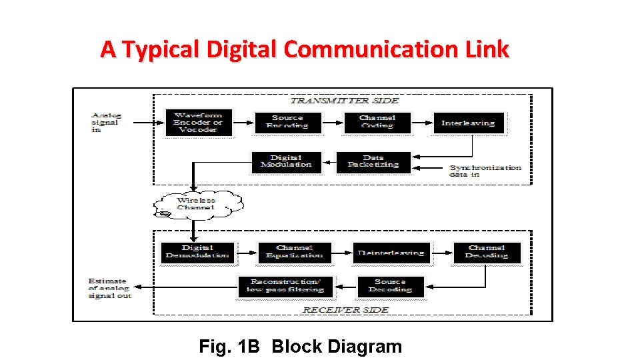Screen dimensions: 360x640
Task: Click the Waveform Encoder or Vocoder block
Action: [x=198, y=123]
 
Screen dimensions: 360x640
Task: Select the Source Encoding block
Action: [x=287, y=122]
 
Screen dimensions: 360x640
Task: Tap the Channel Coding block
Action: [x=377, y=122]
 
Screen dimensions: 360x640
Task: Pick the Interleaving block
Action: [x=468, y=123]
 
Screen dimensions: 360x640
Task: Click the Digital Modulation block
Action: [x=286, y=162]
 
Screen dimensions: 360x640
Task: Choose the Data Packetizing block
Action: [x=373, y=162]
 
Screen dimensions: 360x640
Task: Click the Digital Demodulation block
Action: [x=197, y=252]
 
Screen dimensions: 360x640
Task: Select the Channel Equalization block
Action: [x=294, y=252]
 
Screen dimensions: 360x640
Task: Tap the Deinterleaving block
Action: [x=391, y=253]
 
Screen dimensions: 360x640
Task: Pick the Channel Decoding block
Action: [x=486, y=252]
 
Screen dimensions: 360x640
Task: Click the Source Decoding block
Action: [x=390, y=286]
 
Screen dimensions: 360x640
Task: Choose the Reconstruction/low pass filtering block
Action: [x=285, y=286]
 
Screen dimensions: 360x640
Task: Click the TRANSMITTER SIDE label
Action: [x=344, y=101]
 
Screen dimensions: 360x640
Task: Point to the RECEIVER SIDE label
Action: [x=345, y=309]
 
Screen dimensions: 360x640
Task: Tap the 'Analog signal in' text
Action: [x=107, y=123]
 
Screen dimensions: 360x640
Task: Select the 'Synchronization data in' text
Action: [x=485, y=170]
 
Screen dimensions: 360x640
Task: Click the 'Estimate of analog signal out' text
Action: [x=110, y=288]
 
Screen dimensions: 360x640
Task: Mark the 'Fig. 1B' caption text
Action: [x=229, y=347]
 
